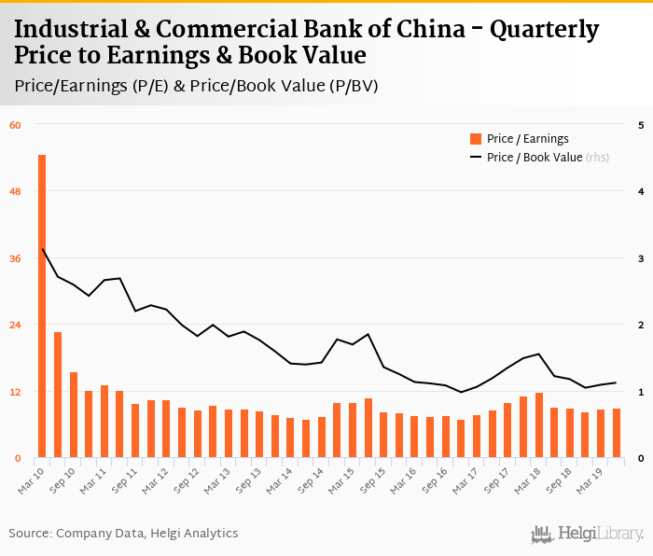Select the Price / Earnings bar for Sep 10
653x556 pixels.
tap(73, 415)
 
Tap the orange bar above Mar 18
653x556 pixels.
tap(538, 425)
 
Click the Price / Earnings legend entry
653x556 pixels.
tap(527, 139)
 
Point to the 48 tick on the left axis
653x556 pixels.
tap(15, 191)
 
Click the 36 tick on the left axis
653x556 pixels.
tap(15, 258)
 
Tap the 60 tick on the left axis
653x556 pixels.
tap(15, 124)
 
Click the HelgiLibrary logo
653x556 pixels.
tap(587, 534)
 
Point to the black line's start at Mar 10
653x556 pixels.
tap(42, 249)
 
